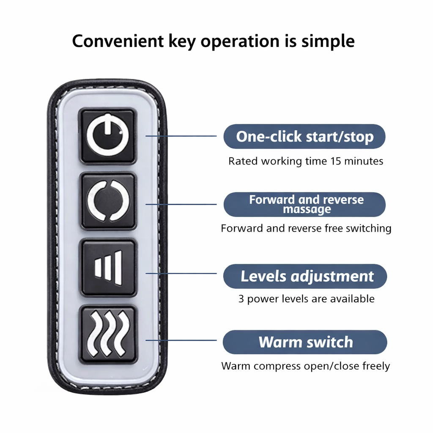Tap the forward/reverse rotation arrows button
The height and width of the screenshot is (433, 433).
[x=108, y=201]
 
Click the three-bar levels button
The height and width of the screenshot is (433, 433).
[x=108, y=267]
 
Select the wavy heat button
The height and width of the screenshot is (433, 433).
[x=108, y=334]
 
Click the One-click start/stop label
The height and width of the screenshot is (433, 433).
[x=304, y=137]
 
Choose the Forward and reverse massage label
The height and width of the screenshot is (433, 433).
[x=304, y=204]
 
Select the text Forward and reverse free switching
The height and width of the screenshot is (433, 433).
[x=306, y=228]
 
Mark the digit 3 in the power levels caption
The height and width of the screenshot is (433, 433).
[x=241, y=299]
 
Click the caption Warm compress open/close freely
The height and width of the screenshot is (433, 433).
[x=306, y=366]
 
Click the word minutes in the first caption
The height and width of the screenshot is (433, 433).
[x=364, y=161]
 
